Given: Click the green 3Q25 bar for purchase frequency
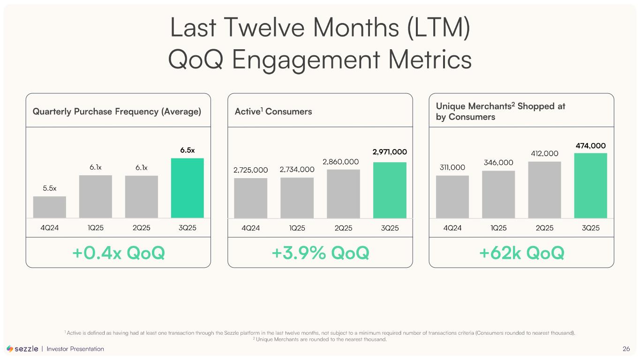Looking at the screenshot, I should coord(187,188).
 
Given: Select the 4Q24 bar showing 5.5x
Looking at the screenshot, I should coord(50,207).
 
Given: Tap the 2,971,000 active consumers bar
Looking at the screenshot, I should coord(390,190).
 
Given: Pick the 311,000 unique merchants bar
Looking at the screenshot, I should coord(452,197).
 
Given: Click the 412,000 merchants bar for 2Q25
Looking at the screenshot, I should coord(544,190).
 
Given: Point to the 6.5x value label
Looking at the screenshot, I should coord(188,150).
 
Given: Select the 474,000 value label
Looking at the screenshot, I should coord(590,146).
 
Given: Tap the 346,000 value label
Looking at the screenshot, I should coord(498,163).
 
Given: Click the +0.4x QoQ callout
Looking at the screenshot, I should coord(118,253).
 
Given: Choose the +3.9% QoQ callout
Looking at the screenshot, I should coord(320,253).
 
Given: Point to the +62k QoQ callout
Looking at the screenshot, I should coord(521,253).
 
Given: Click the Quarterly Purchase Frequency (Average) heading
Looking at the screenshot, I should coord(117,112).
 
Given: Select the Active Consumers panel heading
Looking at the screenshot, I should coord(273,112).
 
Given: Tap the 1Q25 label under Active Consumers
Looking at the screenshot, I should coord(297,228).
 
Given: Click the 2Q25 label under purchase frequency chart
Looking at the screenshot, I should coord(142,228).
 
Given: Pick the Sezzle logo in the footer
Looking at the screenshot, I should coord(23,349).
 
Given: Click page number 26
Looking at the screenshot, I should coord(626,349).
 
